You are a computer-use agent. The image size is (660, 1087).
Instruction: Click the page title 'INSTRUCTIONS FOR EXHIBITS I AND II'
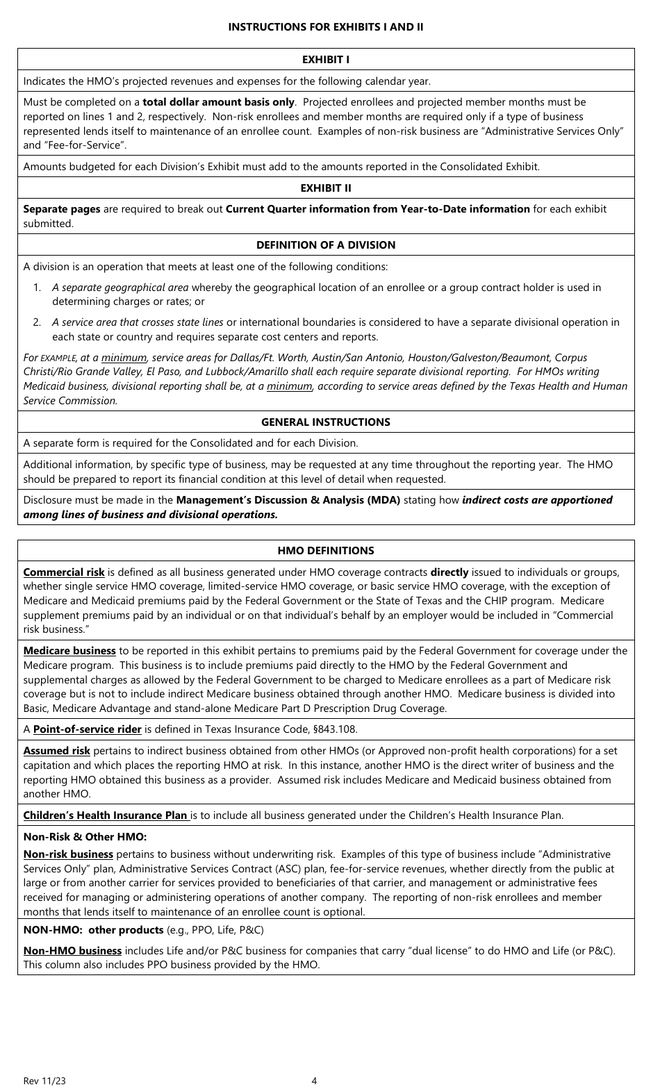[326, 27]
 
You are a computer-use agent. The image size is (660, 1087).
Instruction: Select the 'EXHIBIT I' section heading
[326, 60]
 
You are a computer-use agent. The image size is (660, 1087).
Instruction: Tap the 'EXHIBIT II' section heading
[326, 188]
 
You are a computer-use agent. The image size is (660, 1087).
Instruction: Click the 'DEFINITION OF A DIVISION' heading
[326, 244]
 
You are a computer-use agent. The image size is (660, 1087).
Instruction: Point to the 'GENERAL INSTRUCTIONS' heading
[326, 422]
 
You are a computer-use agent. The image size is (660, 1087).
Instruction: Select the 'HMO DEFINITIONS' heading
[326, 550]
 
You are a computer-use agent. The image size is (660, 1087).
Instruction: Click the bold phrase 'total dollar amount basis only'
[218, 102]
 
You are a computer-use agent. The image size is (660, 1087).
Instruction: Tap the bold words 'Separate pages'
[62, 209]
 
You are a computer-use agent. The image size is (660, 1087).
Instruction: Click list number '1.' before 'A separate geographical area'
[38, 288]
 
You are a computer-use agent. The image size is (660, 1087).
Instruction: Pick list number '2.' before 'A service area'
[38, 322]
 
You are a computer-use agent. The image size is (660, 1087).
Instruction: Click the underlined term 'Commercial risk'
[64, 572]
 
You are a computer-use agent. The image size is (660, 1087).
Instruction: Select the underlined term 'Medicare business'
[69, 651]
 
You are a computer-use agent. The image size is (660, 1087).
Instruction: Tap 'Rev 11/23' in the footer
[45, 1080]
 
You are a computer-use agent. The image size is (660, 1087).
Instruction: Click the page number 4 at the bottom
[314, 1080]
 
